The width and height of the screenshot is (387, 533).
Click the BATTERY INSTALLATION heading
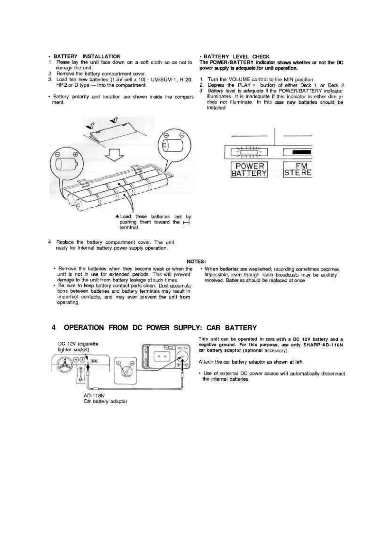coord(87,57)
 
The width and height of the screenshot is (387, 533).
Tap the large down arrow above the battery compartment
coord(115,154)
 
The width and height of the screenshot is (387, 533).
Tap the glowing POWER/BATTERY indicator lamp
coord(249,152)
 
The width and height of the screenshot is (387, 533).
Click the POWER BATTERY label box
coord(249,170)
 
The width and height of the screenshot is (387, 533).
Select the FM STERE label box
coord(298,170)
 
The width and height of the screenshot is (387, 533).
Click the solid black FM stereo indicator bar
coord(301,152)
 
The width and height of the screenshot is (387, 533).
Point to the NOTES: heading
coord(196,261)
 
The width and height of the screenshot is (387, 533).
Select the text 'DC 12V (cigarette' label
coord(78,344)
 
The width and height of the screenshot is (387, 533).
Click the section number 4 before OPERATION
coord(54,328)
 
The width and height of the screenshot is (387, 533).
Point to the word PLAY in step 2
coord(244,85)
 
